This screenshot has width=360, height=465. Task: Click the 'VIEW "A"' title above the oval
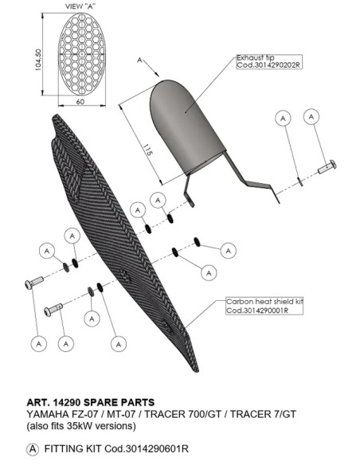(80, 6)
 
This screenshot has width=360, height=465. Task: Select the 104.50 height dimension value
(38, 60)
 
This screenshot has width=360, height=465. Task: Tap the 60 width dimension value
(80, 102)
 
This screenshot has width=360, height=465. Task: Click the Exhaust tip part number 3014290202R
(269, 65)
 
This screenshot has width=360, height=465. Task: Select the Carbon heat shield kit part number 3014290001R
(257, 311)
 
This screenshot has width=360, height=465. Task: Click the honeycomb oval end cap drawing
(82, 54)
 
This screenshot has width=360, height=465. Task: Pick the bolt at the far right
(327, 167)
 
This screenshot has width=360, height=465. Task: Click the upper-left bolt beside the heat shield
(33, 282)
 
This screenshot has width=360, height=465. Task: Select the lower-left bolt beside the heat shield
(53, 309)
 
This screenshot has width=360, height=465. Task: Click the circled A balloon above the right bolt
(311, 117)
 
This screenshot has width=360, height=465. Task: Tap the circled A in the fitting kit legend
(33, 449)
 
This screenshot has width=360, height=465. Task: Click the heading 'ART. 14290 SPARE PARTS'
(91, 402)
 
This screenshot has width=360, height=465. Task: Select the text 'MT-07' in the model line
(121, 414)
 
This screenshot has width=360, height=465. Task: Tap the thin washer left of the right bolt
(300, 182)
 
